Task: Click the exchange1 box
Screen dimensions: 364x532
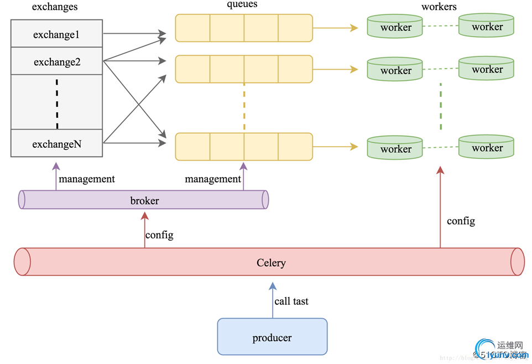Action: click(x=56, y=34)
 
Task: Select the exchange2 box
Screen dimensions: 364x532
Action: click(x=56, y=62)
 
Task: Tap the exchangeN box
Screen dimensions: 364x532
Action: click(x=56, y=144)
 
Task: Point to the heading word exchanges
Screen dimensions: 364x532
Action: click(x=55, y=7)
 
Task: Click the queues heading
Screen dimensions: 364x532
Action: click(x=242, y=4)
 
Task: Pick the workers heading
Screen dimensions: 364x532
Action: click(x=439, y=7)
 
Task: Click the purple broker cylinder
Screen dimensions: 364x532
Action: click(x=144, y=200)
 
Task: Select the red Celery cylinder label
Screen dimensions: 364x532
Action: click(x=271, y=262)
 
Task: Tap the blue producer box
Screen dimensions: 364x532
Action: click(x=272, y=337)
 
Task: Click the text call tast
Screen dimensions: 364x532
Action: click(x=291, y=301)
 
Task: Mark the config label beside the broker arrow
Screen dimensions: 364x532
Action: click(x=159, y=235)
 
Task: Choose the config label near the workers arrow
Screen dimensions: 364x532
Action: click(x=461, y=221)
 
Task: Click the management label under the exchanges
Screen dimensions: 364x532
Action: click(x=87, y=179)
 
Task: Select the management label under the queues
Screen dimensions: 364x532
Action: click(x=213, y=179)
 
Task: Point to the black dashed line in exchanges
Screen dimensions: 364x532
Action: click(x=57, y=102)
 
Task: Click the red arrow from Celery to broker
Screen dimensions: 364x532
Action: click(x=144, y=230)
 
